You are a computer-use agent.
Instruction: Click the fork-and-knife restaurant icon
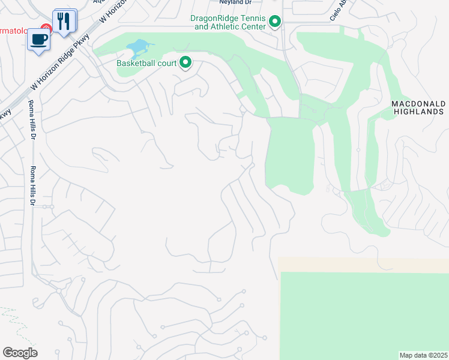[64, 21]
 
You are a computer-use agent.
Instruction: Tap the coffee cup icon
[40, 39]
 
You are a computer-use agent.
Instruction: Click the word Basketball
[137, 62]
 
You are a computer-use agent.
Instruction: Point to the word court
[167, 62]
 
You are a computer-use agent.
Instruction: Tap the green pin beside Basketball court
[185, 62]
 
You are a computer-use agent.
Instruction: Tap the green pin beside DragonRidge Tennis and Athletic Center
[275, 23]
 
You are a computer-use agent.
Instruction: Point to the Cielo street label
[335, 13]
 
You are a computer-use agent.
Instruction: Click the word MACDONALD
[417, 104]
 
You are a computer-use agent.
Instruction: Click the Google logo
[20, 353]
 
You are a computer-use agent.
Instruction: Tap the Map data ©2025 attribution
[423, 355]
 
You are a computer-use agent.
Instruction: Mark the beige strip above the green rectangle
[363, 265]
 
